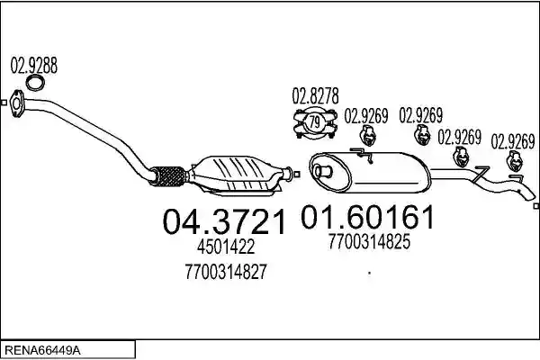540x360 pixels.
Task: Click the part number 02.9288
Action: tap(34, 65)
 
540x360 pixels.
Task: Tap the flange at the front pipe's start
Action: tap(16, 103)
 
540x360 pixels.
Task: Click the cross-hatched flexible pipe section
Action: tap(168, 175)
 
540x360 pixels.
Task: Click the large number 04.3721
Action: tap(224, 222)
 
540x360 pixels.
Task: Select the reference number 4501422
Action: tap(226, 247)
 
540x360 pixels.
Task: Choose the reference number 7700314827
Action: tap(226, 272)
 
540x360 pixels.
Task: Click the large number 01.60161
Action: tap(367, 217)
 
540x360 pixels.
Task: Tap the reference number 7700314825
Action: tap(369, 241)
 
